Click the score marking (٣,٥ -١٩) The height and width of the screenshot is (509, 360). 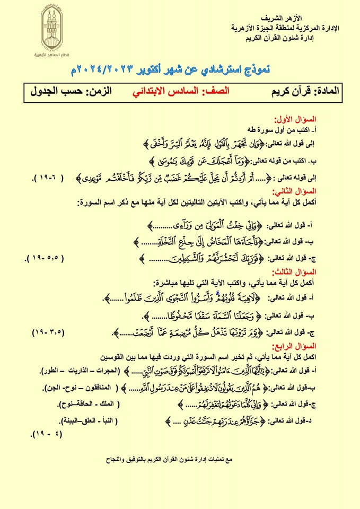(x=47, y=332)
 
